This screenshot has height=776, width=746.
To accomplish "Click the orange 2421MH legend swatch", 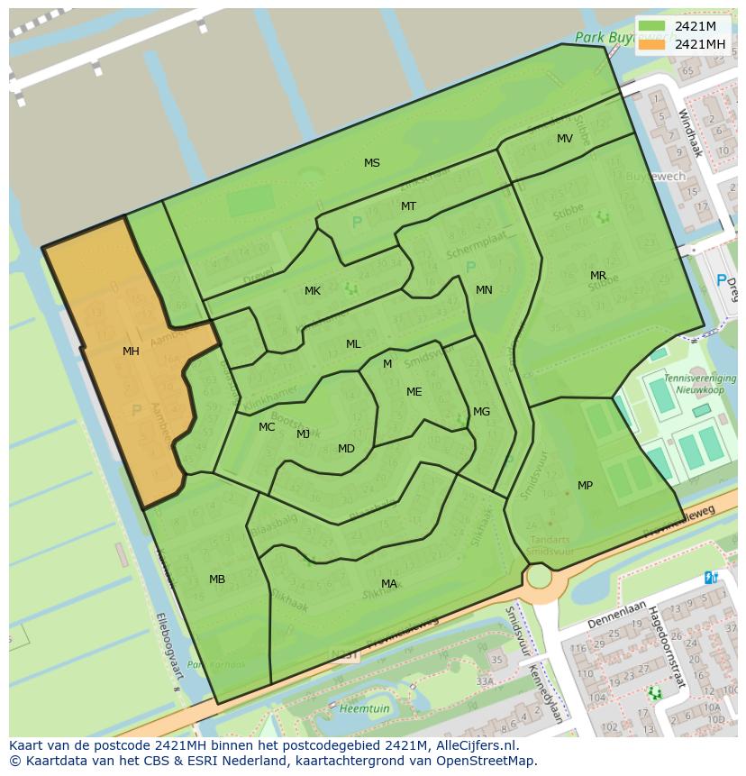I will pyautogui.click(x=652, y=44).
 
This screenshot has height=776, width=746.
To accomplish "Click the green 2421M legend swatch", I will pyautogui.click(x=652, y=26).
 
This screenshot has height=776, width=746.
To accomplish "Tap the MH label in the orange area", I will pyautogui.click(x=131, y=351).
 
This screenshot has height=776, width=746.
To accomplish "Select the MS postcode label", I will pyautogui.click(x=372, y=163).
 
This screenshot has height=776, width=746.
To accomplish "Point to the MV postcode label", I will pyautogui.click(x=565, y=139).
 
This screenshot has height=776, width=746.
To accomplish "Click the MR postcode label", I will pyautogui.click(x=598, y=276).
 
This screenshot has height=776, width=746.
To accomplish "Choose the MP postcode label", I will pyautogui.click(x=585, y=486).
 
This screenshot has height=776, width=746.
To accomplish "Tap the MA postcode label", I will pyautogui.click(x=389, y=584).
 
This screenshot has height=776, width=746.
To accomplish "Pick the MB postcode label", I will pyautogui.click(x=217, y=580).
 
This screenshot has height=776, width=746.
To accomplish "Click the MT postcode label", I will pyautogui.click(x=409, y=206).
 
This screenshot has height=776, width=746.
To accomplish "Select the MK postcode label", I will pyautogui.click(x=313, y=291).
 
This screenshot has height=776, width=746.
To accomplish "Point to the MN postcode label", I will pyautogui.click(x=484, y=290).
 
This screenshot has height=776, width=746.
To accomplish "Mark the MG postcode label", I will pyautogui.click(x=482, y=412).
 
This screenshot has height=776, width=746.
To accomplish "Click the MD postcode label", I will pyautogui.click(x=346, y=449).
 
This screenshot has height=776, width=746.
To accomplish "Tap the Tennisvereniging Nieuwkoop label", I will pyautogui.click(x=699, y=384).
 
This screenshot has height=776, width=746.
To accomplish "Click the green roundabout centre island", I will pyautogui.click(x=539, y=576).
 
